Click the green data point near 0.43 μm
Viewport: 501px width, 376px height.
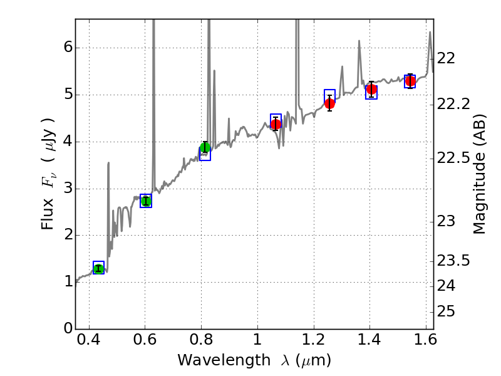98,269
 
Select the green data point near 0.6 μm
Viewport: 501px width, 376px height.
146,201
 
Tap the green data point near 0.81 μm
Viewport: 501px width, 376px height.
205,148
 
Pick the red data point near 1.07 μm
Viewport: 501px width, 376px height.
276,124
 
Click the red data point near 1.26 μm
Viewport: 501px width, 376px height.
329,103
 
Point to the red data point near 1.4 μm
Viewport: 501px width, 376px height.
371,90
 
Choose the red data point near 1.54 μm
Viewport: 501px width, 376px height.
410,81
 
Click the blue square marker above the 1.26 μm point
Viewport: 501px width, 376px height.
330,95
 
